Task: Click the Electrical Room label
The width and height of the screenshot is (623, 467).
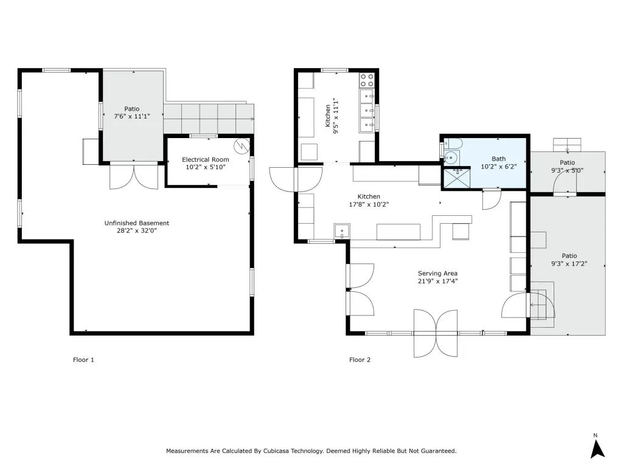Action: tap(206, 160)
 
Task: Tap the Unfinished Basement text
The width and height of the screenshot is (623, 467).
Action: tap(137, 223)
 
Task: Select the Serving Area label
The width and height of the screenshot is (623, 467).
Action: tap(437, 273)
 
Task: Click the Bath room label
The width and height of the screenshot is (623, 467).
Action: tap(499, 159)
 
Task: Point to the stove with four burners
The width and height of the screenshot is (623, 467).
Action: tap(367, 80)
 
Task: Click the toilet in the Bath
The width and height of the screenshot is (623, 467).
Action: tap(452, 144)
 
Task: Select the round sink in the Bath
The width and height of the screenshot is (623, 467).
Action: tap(451, 157)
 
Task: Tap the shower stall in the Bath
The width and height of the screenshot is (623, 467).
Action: tap(456, 178)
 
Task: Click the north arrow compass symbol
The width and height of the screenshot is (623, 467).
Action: tap(597, 448)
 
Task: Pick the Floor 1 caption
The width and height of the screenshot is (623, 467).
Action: tap(83, 360)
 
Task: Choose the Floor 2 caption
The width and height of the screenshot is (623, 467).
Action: tap(360, 360)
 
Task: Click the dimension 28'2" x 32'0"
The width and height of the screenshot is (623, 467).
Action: tap(137, 230)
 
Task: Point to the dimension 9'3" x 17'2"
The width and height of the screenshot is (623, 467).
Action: tap(569, 264)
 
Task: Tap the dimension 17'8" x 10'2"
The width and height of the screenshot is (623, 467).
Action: tap(369, 204)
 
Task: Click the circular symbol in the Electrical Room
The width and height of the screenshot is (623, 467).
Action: tap(241, 146)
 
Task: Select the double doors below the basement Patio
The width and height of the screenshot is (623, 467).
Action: tap(134, 176)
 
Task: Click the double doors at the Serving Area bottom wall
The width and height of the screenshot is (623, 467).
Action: tap(436, 333)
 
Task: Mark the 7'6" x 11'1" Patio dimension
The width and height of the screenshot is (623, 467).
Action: tap(132, 116)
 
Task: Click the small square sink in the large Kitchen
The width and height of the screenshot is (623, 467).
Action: tap(342, 230)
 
